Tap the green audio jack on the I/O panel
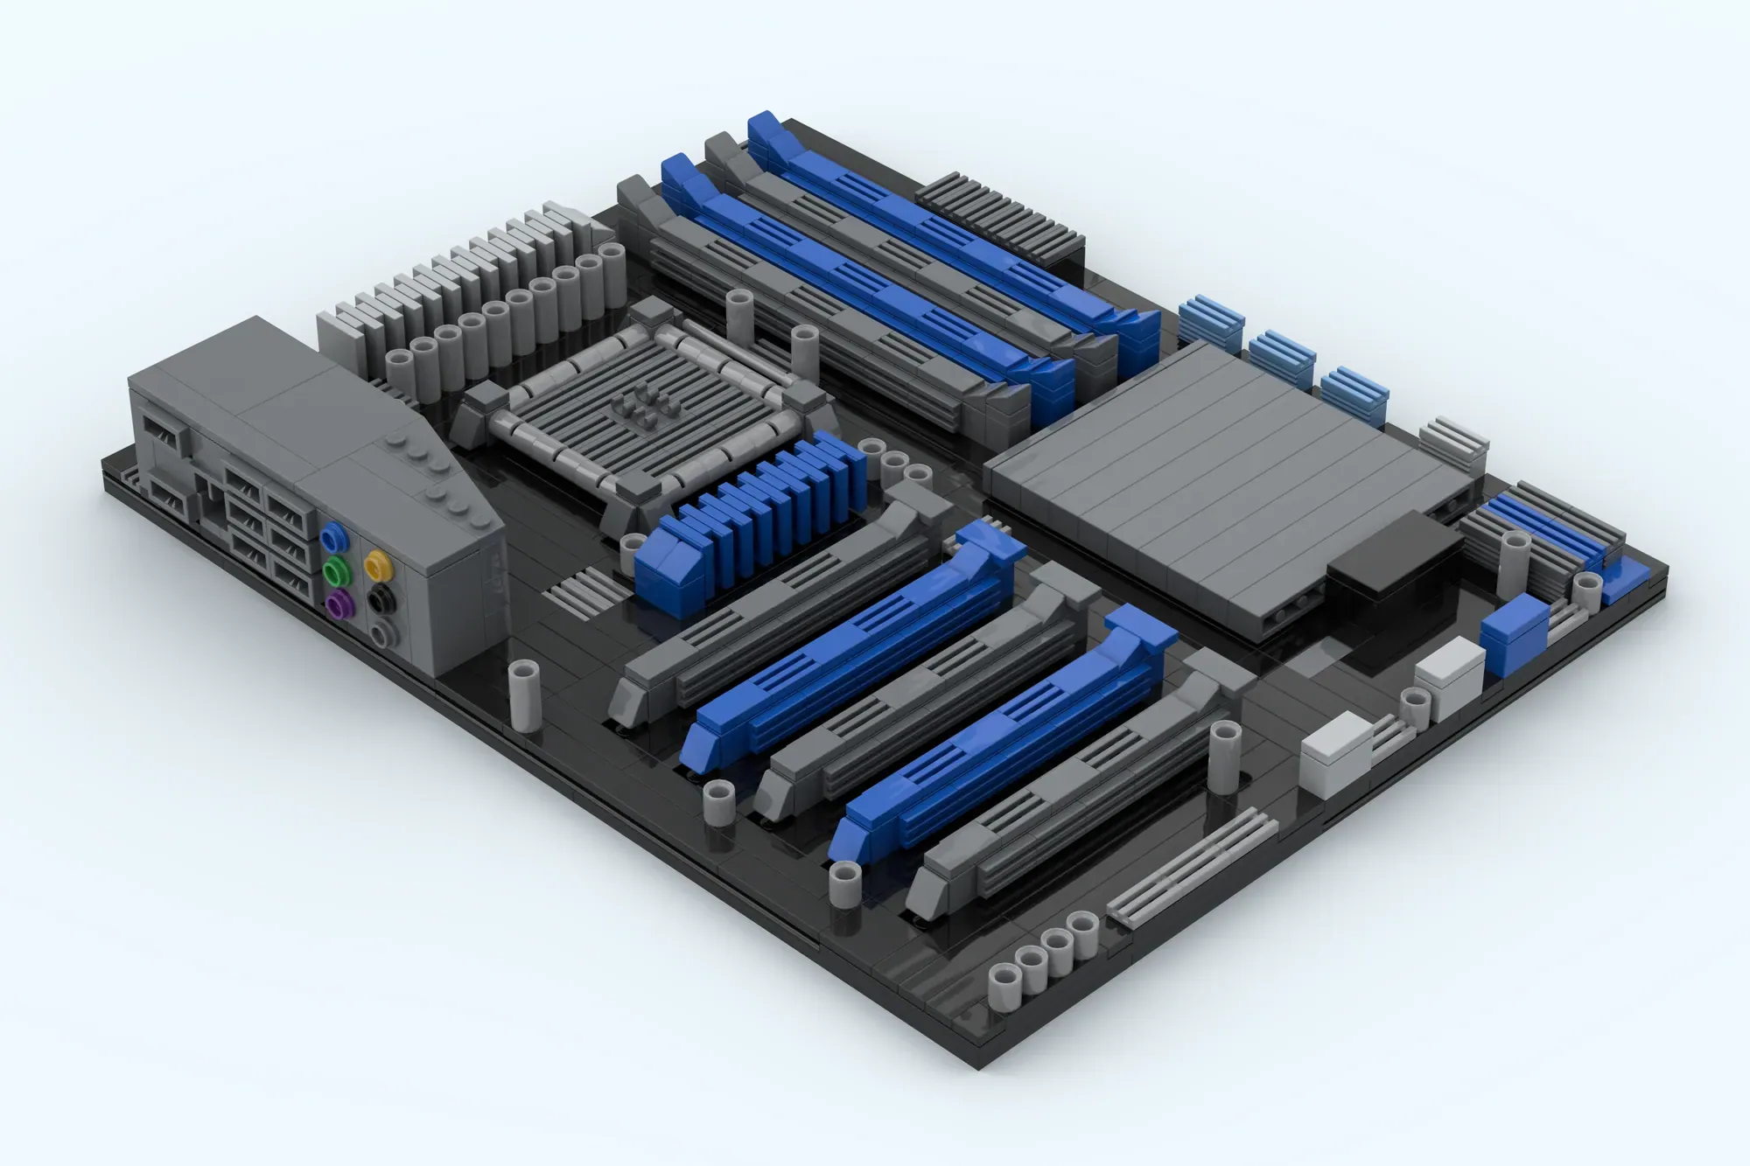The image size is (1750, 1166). (x=333, y=573)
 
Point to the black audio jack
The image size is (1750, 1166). (x=381, y=600)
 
